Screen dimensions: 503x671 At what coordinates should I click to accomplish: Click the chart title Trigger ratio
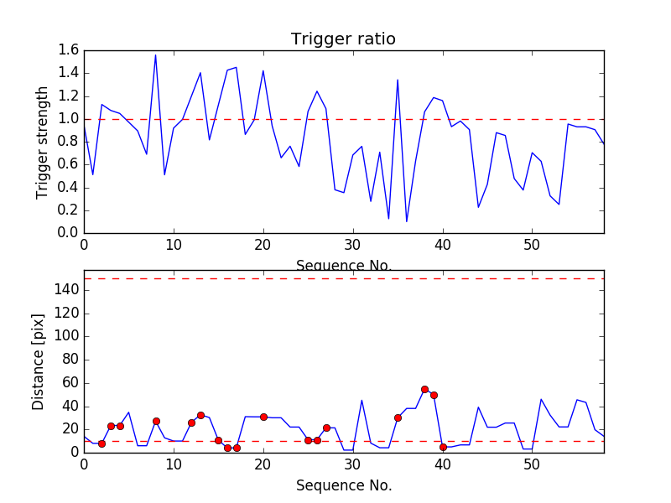click(x=343, y=39)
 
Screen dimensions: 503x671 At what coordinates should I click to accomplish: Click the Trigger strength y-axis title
click(x=43, y=142)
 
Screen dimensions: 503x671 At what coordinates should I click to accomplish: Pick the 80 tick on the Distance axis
click(x=70, y=360)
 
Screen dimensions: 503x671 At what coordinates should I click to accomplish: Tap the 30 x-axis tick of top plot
click(x=352, y=246)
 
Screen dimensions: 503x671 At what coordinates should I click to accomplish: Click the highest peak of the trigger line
click(x=155, y=55)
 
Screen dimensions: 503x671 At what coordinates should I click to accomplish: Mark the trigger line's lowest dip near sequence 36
click(x=407, y=221)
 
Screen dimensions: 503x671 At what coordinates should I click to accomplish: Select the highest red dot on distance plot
click(x=424, y=389)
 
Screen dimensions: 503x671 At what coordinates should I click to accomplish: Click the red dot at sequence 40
click(x=443, y=447)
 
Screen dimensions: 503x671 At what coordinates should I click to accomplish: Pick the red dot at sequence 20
click(x=263, y=417)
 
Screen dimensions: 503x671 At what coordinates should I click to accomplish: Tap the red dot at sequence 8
click(x=156, y=421)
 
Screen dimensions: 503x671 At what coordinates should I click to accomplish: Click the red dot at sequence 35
click(x=398, y=417)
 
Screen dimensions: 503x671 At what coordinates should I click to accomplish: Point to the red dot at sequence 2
click(x=101, y=443)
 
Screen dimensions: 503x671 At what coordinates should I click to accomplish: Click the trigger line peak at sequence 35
click(x=398, y=80)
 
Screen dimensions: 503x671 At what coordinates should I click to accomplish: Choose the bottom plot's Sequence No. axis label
click(x=343, y=485)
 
